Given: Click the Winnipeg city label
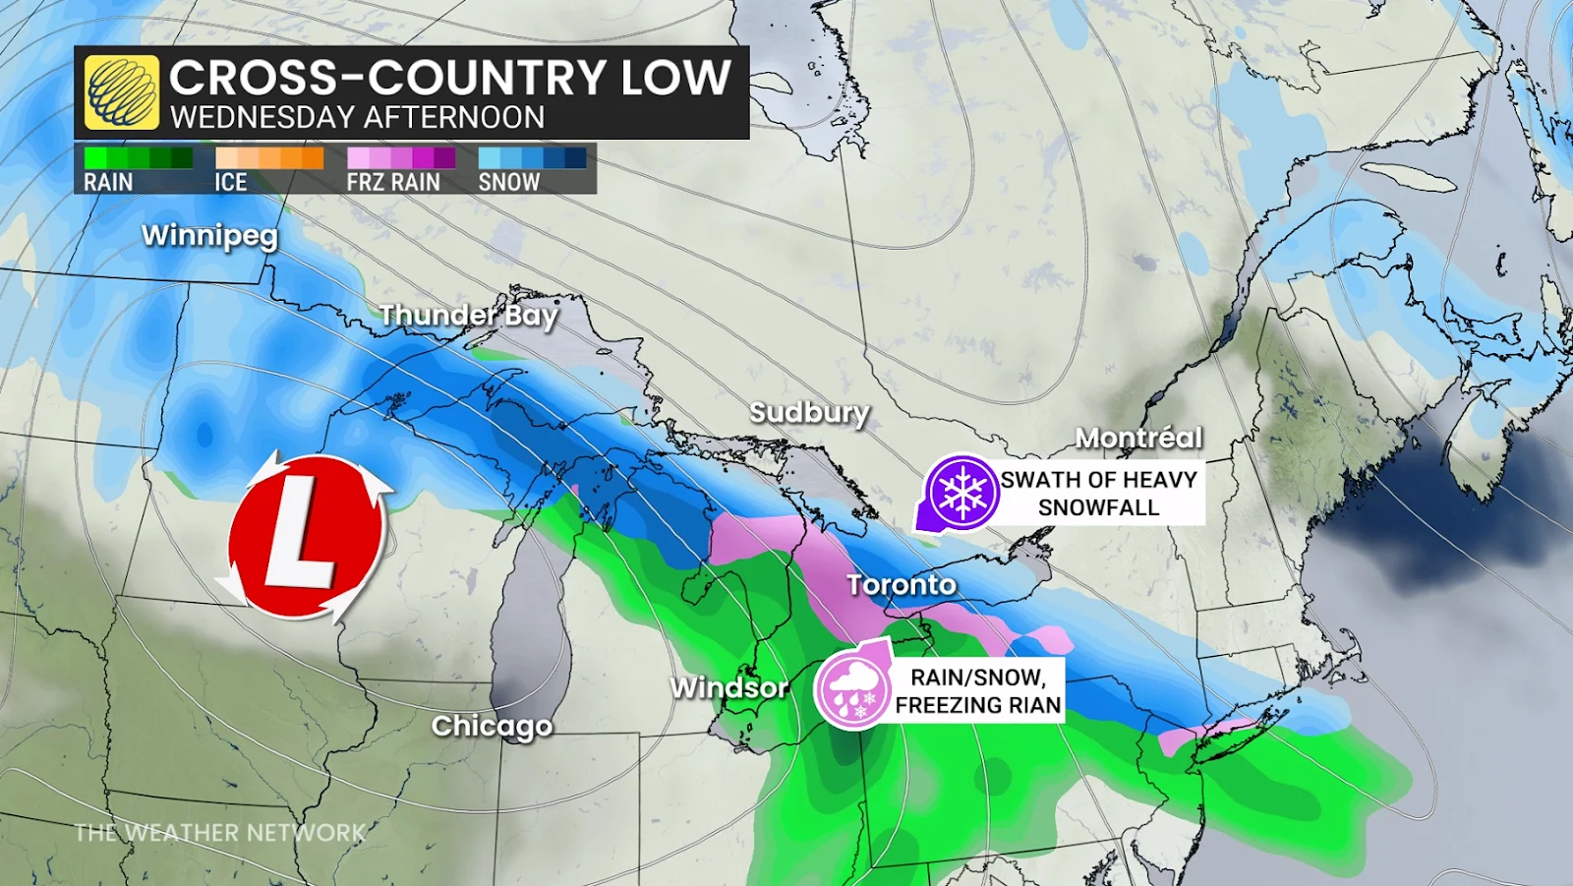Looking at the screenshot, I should click(209, 236).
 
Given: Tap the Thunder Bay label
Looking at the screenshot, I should click(468, 315).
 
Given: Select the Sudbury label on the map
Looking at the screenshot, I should click(809, 413).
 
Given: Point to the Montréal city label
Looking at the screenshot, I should click(1138, 438).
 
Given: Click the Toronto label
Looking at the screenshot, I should click(902, 585).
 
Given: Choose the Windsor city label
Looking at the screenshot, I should click(728, 687).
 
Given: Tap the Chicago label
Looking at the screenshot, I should click(492, 727).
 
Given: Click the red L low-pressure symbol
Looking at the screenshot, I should click(305, 536).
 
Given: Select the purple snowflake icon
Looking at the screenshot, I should click(961, 493).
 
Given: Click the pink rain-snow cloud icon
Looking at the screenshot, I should click(852, 690).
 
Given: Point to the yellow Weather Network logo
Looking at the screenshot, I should click(121, 92).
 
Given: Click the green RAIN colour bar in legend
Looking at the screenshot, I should click(138, 157).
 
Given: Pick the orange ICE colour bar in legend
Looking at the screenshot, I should click(268, 157).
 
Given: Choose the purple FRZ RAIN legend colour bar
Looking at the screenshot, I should click(400, 157).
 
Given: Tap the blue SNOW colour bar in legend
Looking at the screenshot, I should click(532, 157).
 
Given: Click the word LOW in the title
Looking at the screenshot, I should click(675, 78).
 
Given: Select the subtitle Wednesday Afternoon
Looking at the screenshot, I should click(357, 117).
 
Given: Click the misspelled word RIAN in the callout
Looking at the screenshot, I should click(1032, 705).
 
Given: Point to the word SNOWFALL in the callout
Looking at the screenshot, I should click(1098, 507).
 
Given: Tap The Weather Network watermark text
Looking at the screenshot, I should click(220, 833).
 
